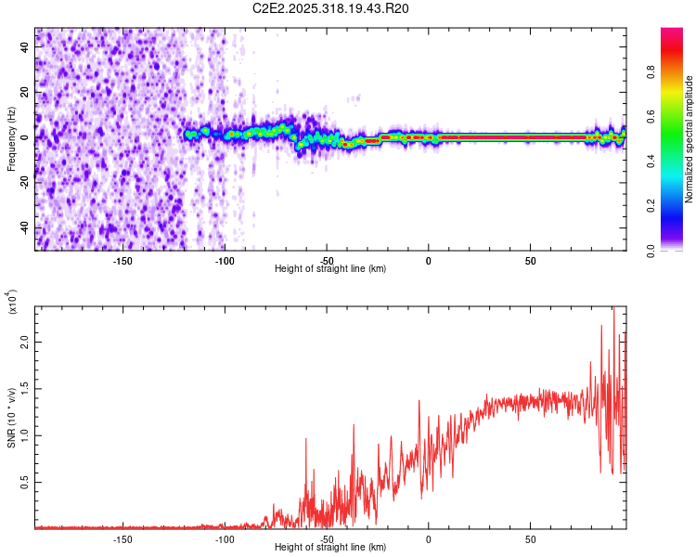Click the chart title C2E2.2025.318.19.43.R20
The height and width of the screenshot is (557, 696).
click(x=331, y=8)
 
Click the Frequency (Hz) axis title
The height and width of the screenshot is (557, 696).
click(x=11, y=138)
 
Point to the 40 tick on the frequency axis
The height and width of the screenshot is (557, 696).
click(x=27, y=46)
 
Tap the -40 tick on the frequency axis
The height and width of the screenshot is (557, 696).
click(x=27, y=228)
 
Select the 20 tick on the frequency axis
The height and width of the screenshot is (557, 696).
click(x=27, y=92)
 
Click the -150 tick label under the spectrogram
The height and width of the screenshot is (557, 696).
click(x=122, y=261)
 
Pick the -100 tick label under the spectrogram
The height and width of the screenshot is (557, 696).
click(x=225, y=261)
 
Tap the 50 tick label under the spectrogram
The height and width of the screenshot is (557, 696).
click(x=530, y=261)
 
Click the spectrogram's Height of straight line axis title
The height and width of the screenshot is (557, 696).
click(x=330, y=269)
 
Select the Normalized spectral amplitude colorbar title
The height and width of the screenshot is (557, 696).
click(x=689, y=139)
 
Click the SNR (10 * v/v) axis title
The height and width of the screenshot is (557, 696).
click(x=11, y=417)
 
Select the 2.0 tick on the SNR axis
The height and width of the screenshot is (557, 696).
click(x=27, y=343)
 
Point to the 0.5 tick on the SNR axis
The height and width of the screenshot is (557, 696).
click(x=27, y=483)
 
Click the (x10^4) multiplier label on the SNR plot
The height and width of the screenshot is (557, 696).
click(x=13, y=303)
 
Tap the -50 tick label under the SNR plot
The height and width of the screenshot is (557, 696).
click(x=327, y=539)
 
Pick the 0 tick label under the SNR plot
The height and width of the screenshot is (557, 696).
click(x=428, y=539)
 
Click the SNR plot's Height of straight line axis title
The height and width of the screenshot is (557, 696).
click(x=330, y=548)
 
